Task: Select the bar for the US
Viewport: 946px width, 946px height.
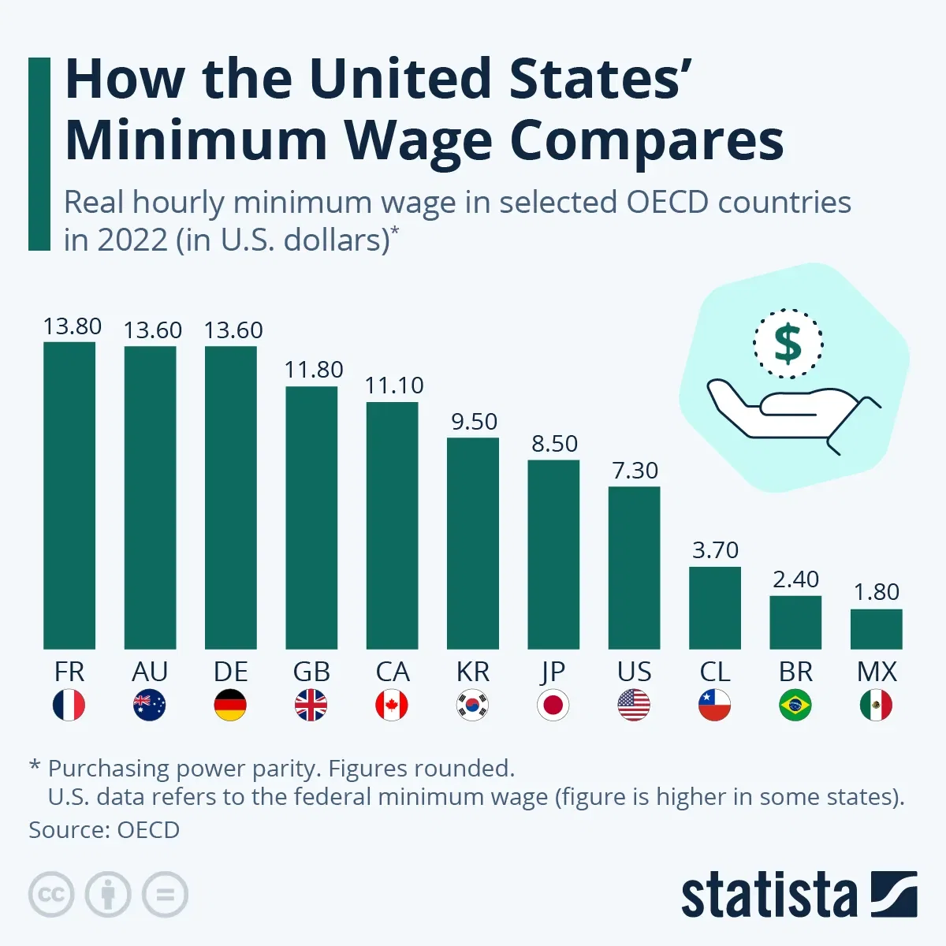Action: pyautogui.click(x=634, y=568)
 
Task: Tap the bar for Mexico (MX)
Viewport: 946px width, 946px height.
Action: pyautogui.click(x=876, y=628)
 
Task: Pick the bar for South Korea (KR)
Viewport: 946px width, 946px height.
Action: pyautogui.click(x=473, y=543)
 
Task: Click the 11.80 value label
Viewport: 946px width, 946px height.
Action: pyautogui.click(x=314, y=370)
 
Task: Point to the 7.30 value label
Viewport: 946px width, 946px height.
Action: pyautogui.click(x=635, y=471)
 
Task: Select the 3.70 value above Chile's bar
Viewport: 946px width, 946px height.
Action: pyautogui.click(x=715, y=550)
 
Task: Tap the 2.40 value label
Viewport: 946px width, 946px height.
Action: pyautogui.click(x=795, y=579)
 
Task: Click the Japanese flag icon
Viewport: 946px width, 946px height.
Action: pyautogui.click(x=553, y=705)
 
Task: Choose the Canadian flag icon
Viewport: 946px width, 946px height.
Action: pyautogui.click(x=392, y=705)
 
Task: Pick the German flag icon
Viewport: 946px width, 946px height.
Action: pyautogui.click(x=230, y=705)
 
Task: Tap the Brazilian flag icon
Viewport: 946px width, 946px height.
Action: pyautogui.click(x=795, y=705)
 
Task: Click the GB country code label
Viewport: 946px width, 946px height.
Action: pyautogui.click(x=311, y=672)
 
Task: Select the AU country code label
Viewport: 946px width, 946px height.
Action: pyautogui.click(x=150, y=672)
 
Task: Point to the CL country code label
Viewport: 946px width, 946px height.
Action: pyautogui.click(x=715, y=672)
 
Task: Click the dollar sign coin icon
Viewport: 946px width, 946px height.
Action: pyautogui.click(x=788, y=344)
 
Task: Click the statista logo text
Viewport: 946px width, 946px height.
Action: pyautogui.click(x=769, y=896)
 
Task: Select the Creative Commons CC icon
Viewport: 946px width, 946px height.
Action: pyautogui.click(x=51, y=895)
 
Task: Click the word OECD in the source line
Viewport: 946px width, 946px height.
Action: pyautogui.click(x=148, y=830)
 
